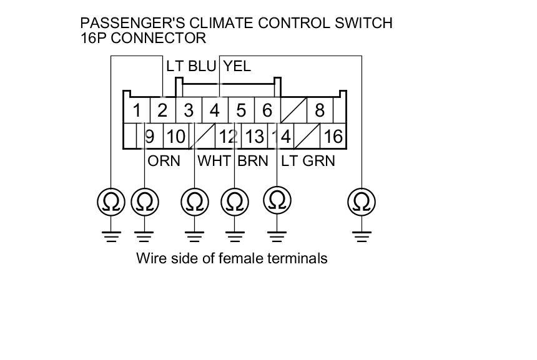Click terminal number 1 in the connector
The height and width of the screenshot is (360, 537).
pos(136,111)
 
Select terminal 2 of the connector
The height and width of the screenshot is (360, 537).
pos(162,111)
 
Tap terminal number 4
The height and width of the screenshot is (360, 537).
pos(215,111)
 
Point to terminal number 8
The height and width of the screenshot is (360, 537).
pos(320,111)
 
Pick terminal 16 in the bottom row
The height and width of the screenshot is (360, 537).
pos(333,135)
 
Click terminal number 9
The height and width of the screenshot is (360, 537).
pos(150,135)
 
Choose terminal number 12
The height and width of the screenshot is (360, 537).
pos(229,135)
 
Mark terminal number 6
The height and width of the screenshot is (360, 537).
pos(267,111)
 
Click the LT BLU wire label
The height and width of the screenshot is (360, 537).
pos(190,66)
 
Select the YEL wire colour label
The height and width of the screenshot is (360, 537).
pos(237,66)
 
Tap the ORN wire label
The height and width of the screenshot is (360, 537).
pos(164,161)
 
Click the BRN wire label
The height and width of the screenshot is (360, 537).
pos(253,161)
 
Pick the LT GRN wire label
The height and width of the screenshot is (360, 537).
pos(308,161)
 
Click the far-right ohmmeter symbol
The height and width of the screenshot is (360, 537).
pos(360,202)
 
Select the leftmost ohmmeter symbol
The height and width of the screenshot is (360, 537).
pos(111,202)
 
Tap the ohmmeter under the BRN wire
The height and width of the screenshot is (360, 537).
pos(235,202)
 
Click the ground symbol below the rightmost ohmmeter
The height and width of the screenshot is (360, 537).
pos(360,236)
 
